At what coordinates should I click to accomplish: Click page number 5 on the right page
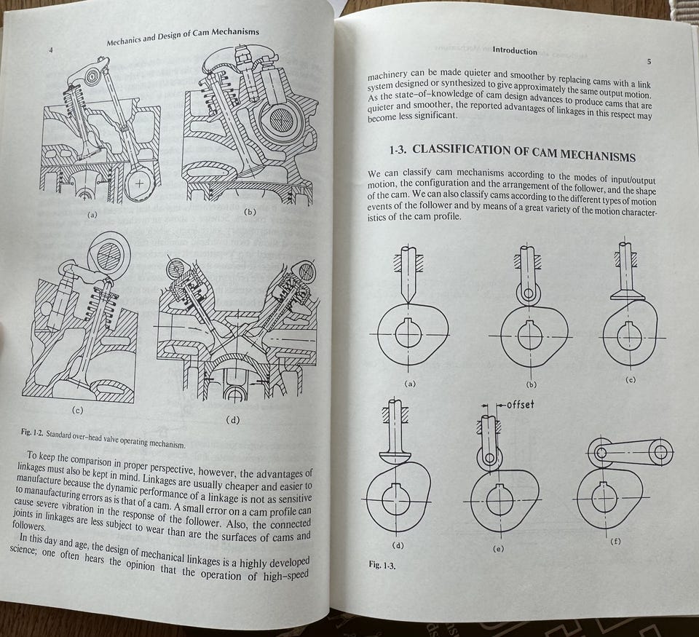(649, 62)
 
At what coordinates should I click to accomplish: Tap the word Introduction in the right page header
(515, 51)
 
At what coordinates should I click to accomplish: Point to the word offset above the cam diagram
(520, 405)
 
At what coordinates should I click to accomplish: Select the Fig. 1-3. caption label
(382, 565)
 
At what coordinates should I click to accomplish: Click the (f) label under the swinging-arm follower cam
(615, 542)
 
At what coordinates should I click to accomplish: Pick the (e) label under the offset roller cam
(498, 549)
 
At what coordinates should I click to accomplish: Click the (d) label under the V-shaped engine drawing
(233, 420)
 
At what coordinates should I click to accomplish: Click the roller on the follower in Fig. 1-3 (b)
(529, 293)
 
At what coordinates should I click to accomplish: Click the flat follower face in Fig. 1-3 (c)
(627, 295)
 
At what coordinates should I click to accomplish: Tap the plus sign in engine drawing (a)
(140, 183)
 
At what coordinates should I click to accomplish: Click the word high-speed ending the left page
(285, 576)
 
